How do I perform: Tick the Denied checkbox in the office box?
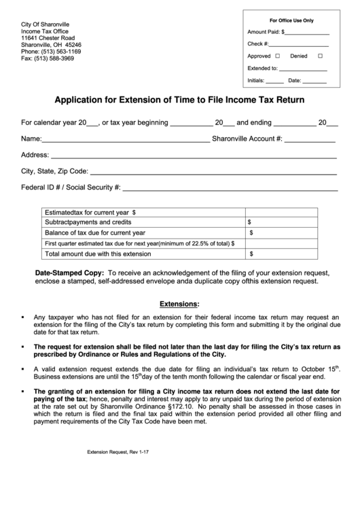pos(320,56)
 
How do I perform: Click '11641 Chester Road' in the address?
pos(48,38)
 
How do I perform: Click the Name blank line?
pos(126,141)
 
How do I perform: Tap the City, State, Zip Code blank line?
pos(213,173)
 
